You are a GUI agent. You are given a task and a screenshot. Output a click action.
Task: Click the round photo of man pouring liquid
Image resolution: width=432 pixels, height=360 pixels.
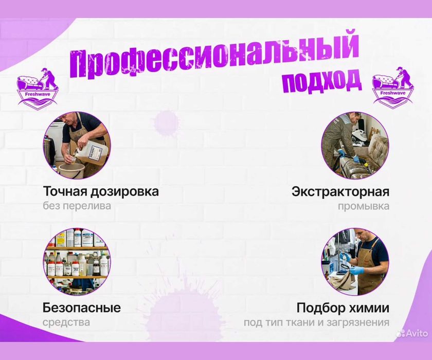(76, 146)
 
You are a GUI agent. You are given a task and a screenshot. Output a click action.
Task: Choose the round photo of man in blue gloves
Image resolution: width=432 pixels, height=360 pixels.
(355, 261)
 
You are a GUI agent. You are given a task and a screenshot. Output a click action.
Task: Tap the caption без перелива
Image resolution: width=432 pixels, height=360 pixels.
(77, 206)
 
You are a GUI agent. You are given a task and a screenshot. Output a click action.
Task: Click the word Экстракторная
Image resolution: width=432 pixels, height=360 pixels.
(340, 192)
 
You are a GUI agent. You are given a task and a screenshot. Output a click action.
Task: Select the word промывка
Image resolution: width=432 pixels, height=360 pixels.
(364, 206)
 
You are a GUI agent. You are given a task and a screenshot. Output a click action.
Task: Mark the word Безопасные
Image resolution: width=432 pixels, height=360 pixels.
(82, 308)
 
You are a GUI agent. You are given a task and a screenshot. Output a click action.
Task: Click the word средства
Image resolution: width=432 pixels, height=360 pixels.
(66, 322)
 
